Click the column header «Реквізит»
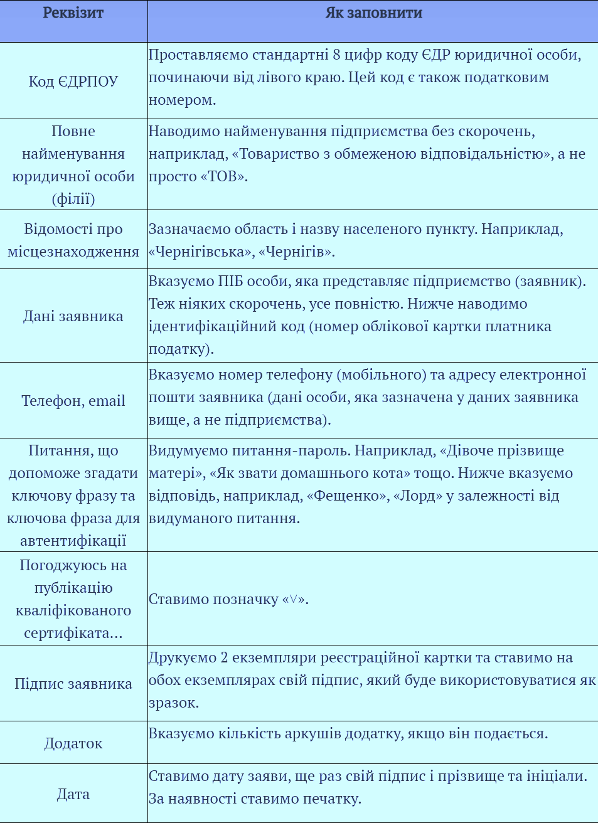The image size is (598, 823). (x=73, y=13)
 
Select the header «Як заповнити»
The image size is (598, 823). (x=373, y=13)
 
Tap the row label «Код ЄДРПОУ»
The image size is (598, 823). (x=73, y=82)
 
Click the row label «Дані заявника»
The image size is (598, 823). (x=73, y=316)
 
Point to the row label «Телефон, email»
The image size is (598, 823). (x=73, y=401)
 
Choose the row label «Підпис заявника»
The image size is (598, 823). (x=73, y=684)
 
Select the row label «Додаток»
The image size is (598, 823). (x=73, y=743)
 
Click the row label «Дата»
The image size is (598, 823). (x=73, y=794)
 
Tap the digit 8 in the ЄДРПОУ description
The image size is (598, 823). (x=337, y=55)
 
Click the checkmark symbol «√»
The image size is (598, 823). (x=293, y=600)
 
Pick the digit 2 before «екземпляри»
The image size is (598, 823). (x=224, y=658)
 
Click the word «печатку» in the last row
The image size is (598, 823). (x=333, y=799)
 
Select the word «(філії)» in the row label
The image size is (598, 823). (x=73, y=199)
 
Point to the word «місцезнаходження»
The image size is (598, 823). (x=73, y=252)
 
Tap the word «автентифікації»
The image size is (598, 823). (x=73, y=541)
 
